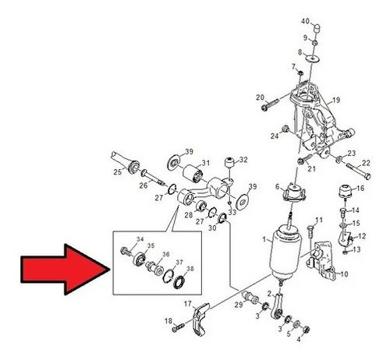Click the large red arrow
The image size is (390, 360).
coord(65,270)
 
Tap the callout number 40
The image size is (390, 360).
coord(306,21)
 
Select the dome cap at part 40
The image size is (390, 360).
coord(317,28)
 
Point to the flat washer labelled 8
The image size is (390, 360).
coord(313,58)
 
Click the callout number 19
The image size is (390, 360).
coord(336,100)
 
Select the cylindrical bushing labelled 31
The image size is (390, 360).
coord(193,175)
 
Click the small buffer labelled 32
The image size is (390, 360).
coord(229,163)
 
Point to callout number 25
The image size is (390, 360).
coord(117,172)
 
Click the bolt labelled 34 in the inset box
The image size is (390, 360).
coord(126,251)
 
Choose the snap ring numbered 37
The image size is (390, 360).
coord(168,276)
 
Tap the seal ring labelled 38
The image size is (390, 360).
coord(179,283)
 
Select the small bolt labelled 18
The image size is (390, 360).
coord(178,327)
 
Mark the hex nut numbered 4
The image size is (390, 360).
coord(306,330)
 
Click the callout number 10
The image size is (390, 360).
coord(344,274)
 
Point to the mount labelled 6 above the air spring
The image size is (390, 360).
coord(294,193)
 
